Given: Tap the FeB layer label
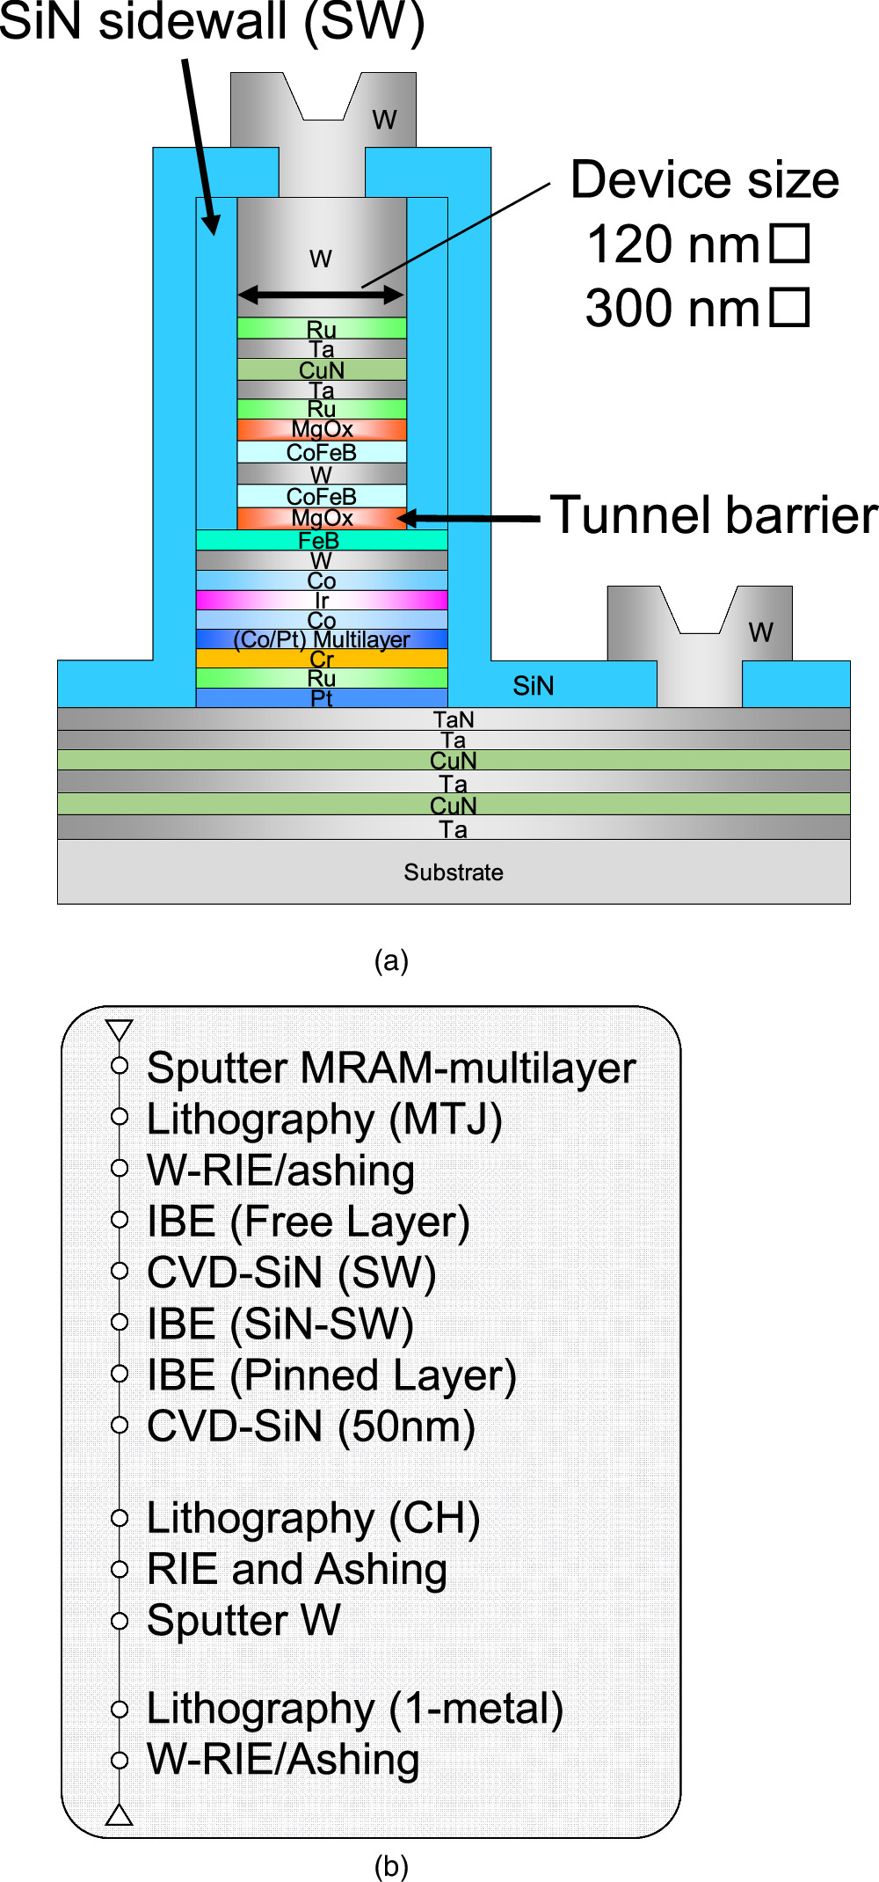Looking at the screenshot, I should [318, 541].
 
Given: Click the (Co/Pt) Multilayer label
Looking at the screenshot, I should [322, 639].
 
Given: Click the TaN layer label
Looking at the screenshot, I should [454, 719].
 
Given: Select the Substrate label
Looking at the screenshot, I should [454, 872].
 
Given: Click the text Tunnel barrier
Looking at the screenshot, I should [714, 515].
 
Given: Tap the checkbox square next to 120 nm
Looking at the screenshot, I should [789, 244].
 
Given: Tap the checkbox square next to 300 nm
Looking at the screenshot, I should [789, 308].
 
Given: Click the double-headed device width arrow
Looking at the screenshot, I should [321, 295].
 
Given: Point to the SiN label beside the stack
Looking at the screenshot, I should [534, 686].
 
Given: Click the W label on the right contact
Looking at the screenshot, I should [761, 632].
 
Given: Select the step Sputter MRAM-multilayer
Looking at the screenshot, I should [391, 1069].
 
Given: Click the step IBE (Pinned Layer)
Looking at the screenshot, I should [331, 1375].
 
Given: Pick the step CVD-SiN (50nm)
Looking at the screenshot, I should [311, 1426].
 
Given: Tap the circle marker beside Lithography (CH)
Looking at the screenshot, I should [120, 1518].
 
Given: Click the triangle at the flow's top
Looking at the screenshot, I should [119, 1030].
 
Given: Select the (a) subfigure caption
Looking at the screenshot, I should [391, 960].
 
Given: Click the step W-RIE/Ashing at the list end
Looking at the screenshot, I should [283, 1760].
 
